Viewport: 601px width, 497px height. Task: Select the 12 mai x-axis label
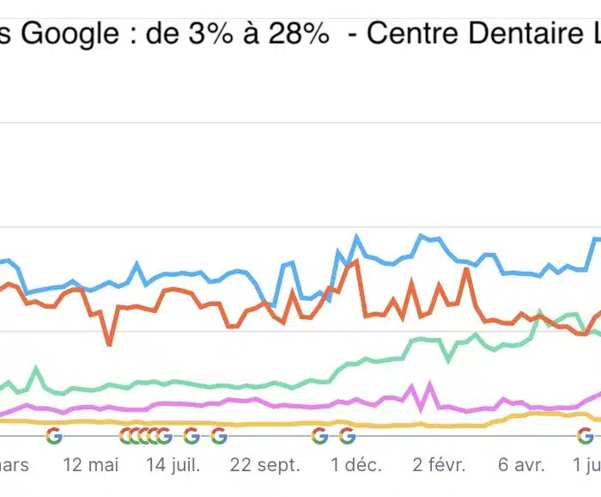pos(91,465)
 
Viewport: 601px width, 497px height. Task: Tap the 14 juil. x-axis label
pos(174,465)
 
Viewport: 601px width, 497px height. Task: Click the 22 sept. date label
pos(266,465)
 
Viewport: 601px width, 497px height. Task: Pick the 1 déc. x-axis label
pos(355,465)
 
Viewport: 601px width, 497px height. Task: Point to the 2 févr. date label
pos(439,465)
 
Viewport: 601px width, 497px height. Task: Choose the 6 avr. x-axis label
pos(521,465)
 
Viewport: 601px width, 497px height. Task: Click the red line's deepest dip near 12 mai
pos(109,344)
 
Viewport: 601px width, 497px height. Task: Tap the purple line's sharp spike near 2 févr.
pos(428,384)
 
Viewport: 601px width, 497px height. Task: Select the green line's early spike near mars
pos(36,369)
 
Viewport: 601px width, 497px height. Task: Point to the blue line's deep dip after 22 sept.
pos(273,304)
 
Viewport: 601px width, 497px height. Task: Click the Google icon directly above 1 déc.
pos(347,436)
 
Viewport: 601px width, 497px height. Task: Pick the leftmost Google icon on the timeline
pos(54,436)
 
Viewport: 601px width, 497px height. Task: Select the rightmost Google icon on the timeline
pos(586,436)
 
